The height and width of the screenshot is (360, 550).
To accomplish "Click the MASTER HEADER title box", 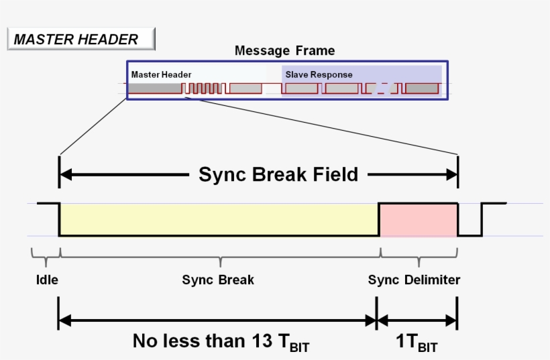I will pyautogui.click(x=80, y=40).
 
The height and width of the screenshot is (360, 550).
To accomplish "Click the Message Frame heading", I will pyautogui.click(x=284, y=50).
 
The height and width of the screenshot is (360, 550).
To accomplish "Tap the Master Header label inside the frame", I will pyautogui.click(x=161, y=74).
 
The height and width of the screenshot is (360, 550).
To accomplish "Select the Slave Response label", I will pyautogui.click(x=319, y=74).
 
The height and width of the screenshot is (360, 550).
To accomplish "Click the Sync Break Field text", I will pyautogui.click(x=278, y=175).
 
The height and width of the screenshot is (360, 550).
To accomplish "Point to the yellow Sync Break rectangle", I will pyautogui.click(x=219, y=219).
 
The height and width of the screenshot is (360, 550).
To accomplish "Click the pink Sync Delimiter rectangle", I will pyautogui.click(x=419, y=219).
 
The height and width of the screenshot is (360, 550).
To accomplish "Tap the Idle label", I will pyautogui.click(x=46, y=280).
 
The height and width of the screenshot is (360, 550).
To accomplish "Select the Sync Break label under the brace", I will pyautogui.click(x=218, y=280).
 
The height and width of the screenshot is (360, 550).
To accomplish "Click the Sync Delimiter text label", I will pyautogui.click(x=414, y=280).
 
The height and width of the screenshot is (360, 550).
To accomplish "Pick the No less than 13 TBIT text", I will pyautogui.click(x=221, y=341).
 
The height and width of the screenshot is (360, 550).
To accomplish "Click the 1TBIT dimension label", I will pyautogui.click(x=417, y=341).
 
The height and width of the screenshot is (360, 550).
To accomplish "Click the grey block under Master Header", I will pyautogui.click(x=155, y=88).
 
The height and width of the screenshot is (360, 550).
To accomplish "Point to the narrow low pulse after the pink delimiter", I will pyautogui.click(x=470, y=228).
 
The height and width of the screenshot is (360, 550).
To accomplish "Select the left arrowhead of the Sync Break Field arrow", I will pyautogui.click(x=65, y=175).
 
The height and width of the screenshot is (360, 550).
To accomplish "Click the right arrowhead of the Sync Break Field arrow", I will pyautogui.click(x=452, y=175).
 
